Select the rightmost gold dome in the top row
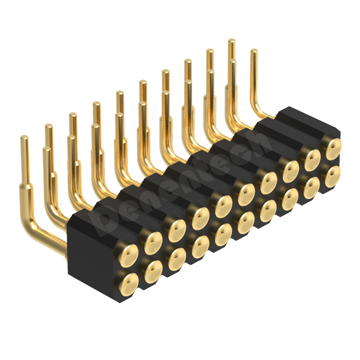tap(333, 148)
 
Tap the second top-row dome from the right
tap(312, 158)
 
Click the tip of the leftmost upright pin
tap(24, 138)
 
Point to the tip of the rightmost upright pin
tap(254, 51)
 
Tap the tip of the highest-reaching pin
tap(232, 41)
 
